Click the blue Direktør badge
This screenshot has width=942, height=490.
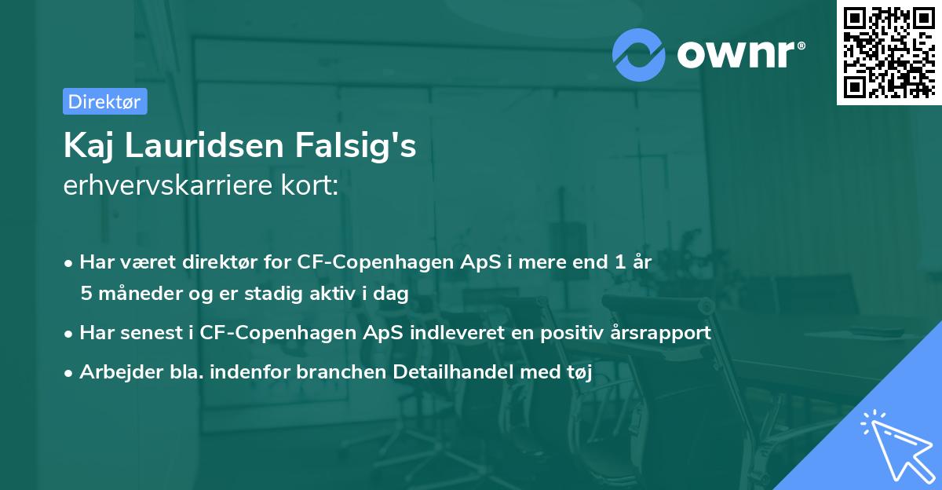point(104,101)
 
